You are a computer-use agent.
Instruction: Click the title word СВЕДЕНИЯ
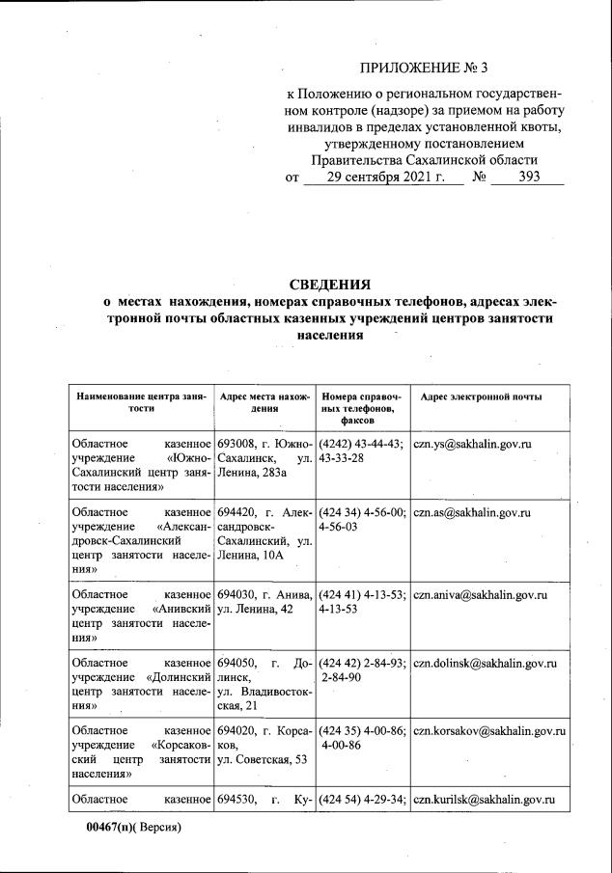[x=330, y=284]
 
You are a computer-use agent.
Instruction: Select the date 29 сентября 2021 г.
[x=383, y=177]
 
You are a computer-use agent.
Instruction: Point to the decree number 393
[x=529, y=177]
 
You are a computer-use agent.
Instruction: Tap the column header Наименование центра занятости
[x=141, y=403]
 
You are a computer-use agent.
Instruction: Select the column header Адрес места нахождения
[x=265, y=403]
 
